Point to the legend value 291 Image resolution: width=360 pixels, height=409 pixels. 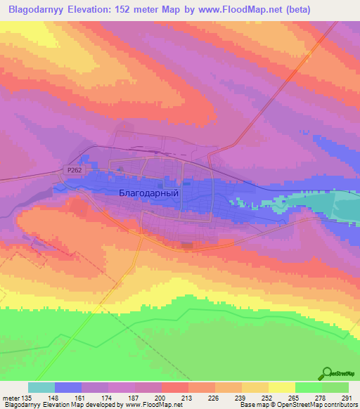coord(347,398)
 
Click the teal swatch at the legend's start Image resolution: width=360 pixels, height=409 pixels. coord(41,387)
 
